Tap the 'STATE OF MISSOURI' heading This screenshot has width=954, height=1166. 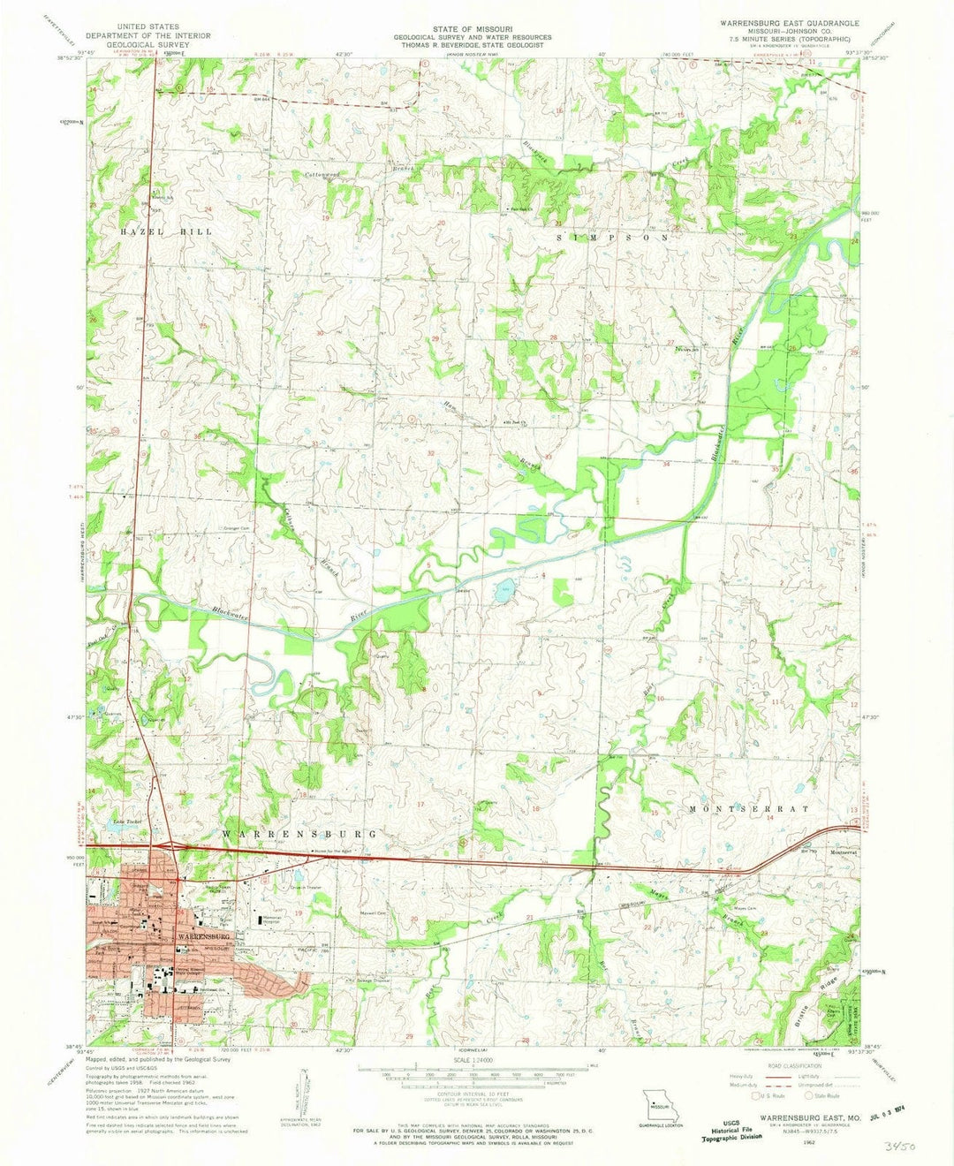coord(476,28)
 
